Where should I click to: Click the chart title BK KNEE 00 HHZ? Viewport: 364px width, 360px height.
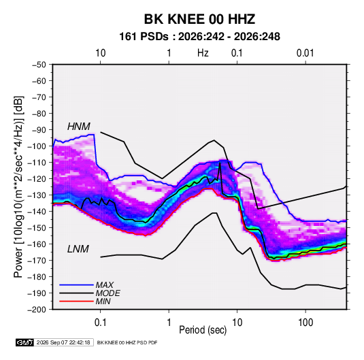coord(199,19)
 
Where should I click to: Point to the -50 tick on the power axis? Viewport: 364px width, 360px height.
coord(39,65)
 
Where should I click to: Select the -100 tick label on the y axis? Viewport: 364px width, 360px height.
coord(37,146)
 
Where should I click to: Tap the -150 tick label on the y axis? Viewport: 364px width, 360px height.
coord(37,227)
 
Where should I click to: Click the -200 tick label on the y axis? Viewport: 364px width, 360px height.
coord(37,310)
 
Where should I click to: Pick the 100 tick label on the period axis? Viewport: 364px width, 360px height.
coord(305,323)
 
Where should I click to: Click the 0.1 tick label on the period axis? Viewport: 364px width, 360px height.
coord(100,323)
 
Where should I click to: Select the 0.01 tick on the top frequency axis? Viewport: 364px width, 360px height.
coord(305,53)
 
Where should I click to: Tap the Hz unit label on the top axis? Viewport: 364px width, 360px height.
coord(203,53)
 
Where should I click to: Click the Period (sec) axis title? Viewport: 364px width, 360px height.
coord(203,330)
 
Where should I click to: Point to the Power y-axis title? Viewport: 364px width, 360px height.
coord(18,186)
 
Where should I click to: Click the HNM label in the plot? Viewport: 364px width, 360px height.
coord(79,127)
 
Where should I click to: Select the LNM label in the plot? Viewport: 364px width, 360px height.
coord(78,249)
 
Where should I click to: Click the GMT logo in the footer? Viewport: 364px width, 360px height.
coord(24,342)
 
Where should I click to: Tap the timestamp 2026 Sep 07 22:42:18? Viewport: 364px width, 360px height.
coord(63,342)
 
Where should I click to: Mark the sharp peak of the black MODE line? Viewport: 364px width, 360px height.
coord(220,163)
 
